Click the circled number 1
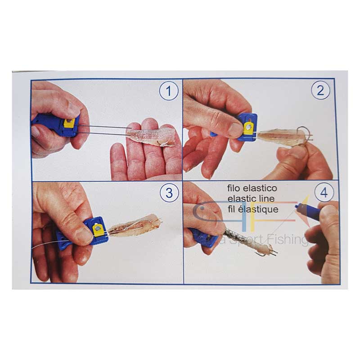pos(169,92)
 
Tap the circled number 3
pos(169,193)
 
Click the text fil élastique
pos(253,209)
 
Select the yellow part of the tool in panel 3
pos(97,230)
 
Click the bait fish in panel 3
pos(135,226)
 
